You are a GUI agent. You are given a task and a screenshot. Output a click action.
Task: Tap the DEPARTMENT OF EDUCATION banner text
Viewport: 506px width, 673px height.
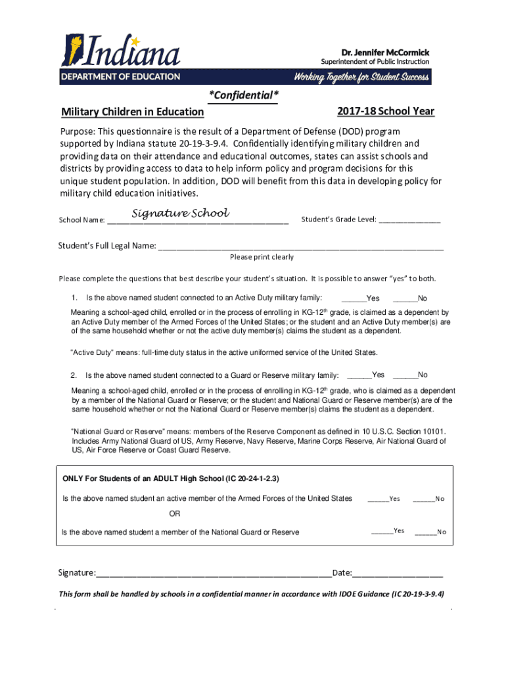coord(121,76)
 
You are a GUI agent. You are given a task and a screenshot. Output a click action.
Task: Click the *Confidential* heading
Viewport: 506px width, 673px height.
coord(244,96)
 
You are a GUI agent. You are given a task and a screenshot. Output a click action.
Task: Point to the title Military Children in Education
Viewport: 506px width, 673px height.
coord(132,112)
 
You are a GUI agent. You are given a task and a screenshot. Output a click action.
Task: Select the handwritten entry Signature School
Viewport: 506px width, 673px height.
coord(180,213)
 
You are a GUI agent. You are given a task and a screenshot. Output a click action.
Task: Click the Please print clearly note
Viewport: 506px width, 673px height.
coord(262,257)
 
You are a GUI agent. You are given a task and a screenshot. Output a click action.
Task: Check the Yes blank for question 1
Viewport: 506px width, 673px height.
coord(354,298)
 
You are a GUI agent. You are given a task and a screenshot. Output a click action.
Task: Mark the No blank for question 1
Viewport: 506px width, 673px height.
coord(405,298)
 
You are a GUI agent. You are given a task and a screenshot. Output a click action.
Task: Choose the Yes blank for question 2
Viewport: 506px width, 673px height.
coord(359,376)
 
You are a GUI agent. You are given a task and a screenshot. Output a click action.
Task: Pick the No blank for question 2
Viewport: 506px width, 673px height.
coord(405,376)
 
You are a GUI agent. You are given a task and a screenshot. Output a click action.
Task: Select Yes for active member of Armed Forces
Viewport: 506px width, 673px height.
coord(378,499)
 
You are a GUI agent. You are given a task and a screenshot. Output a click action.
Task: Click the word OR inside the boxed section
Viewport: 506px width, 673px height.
coord(175,513)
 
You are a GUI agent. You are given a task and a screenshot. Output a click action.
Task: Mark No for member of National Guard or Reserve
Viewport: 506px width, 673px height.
coord(426,532)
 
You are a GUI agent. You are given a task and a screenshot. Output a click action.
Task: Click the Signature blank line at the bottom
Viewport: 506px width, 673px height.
coord(214,574)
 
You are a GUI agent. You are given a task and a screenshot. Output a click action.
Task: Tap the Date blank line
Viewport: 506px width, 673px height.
coord(398,574)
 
